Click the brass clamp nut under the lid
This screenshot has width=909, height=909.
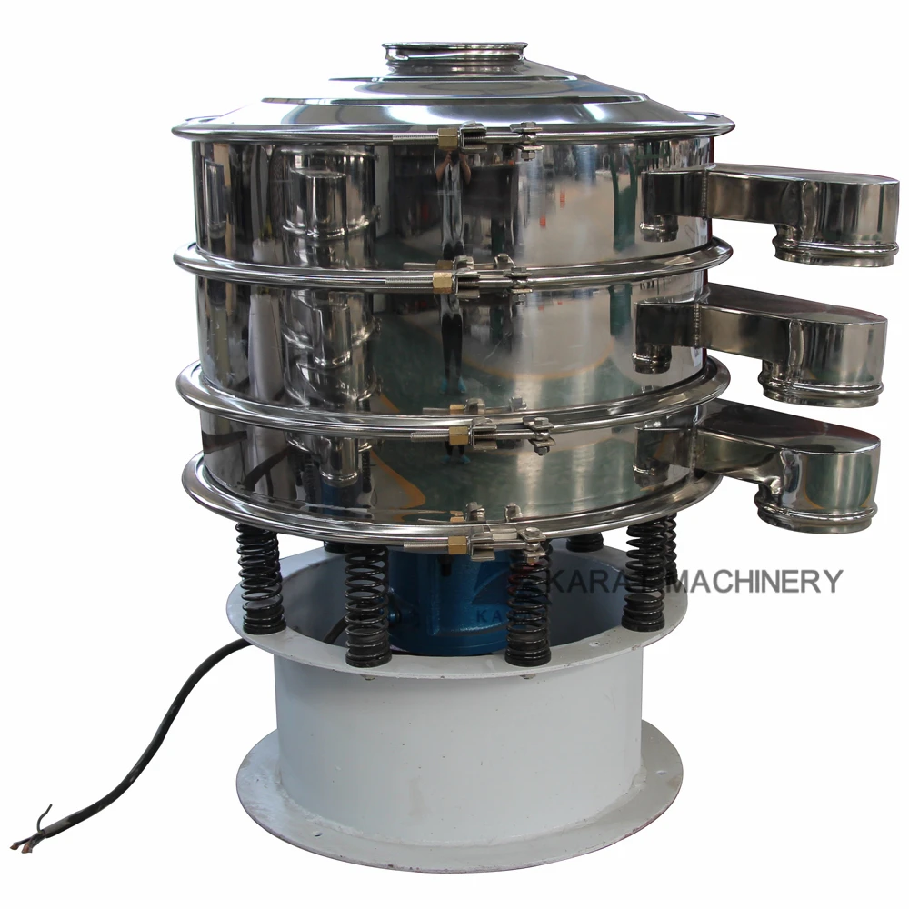[x=447, y=139]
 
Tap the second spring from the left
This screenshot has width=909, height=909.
[x=366, y=604]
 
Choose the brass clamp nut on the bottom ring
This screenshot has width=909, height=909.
[x=457, y=544]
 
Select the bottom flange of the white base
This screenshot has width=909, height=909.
[x=454, y=832]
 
